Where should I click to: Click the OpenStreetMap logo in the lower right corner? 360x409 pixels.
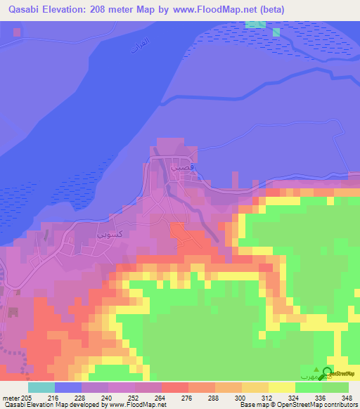328,373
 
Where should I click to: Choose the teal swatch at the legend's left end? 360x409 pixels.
41,387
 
